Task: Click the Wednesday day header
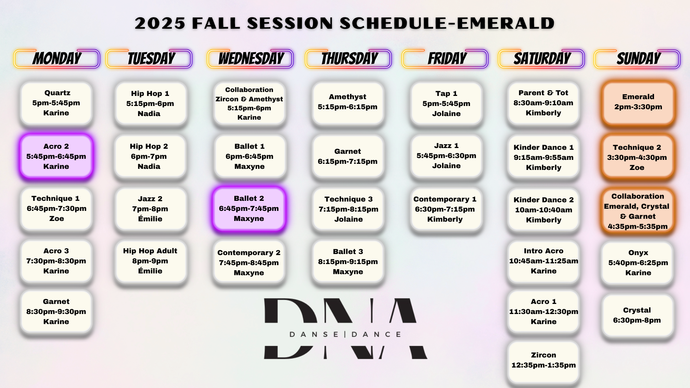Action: (250, 59)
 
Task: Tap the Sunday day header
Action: (637, 59)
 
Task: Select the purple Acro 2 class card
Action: (56, 156)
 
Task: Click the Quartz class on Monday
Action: (56, 103)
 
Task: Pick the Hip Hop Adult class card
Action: (151, 261)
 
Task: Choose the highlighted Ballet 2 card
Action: (249, 209)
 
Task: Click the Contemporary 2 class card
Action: (249, 263)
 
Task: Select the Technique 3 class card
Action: (348, 209)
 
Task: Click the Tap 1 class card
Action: (446, 103)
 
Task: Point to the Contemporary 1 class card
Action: (446, 209)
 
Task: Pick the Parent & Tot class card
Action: (543, 103)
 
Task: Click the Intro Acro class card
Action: (543, 261)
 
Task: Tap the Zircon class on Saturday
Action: (543, 361)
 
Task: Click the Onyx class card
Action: (638, 263)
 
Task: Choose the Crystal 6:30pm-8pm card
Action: (638, 315)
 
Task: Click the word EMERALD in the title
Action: (506, 23)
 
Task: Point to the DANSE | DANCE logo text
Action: (345, 334)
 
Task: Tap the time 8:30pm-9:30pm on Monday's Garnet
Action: (56, 311)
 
